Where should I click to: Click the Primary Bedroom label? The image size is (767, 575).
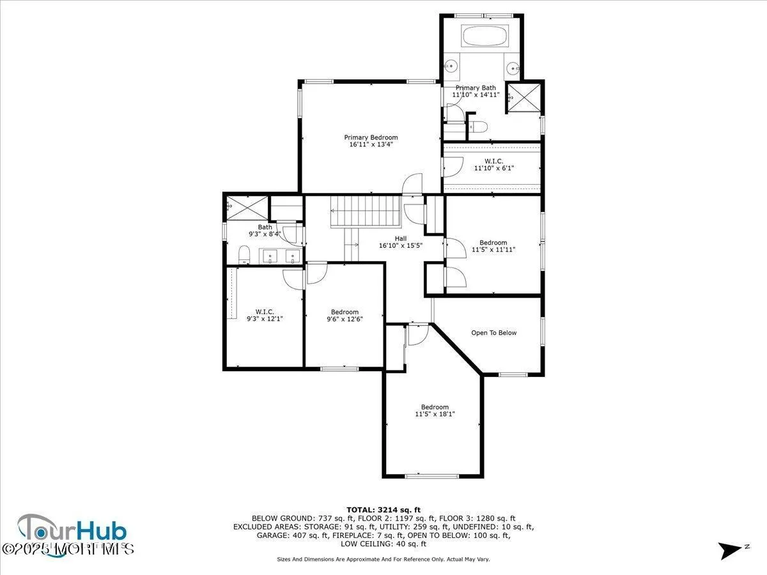371,141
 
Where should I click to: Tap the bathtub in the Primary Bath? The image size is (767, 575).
484,36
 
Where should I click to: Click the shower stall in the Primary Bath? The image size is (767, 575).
523,98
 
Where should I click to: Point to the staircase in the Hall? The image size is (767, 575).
365,211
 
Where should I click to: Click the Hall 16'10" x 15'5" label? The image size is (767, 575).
401,242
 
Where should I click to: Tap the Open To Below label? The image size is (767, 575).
493,333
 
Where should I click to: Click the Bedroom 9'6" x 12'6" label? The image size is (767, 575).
345,316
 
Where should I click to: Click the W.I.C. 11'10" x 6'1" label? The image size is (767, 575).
493,165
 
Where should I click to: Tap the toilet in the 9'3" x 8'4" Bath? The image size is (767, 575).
243,257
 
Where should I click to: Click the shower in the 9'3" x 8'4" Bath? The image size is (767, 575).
247,206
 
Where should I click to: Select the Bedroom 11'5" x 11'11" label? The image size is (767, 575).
493,246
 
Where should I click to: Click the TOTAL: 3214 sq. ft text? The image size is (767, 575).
383,509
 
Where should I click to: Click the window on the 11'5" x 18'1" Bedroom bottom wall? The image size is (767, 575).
432,476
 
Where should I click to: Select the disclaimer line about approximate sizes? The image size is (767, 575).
383,559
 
